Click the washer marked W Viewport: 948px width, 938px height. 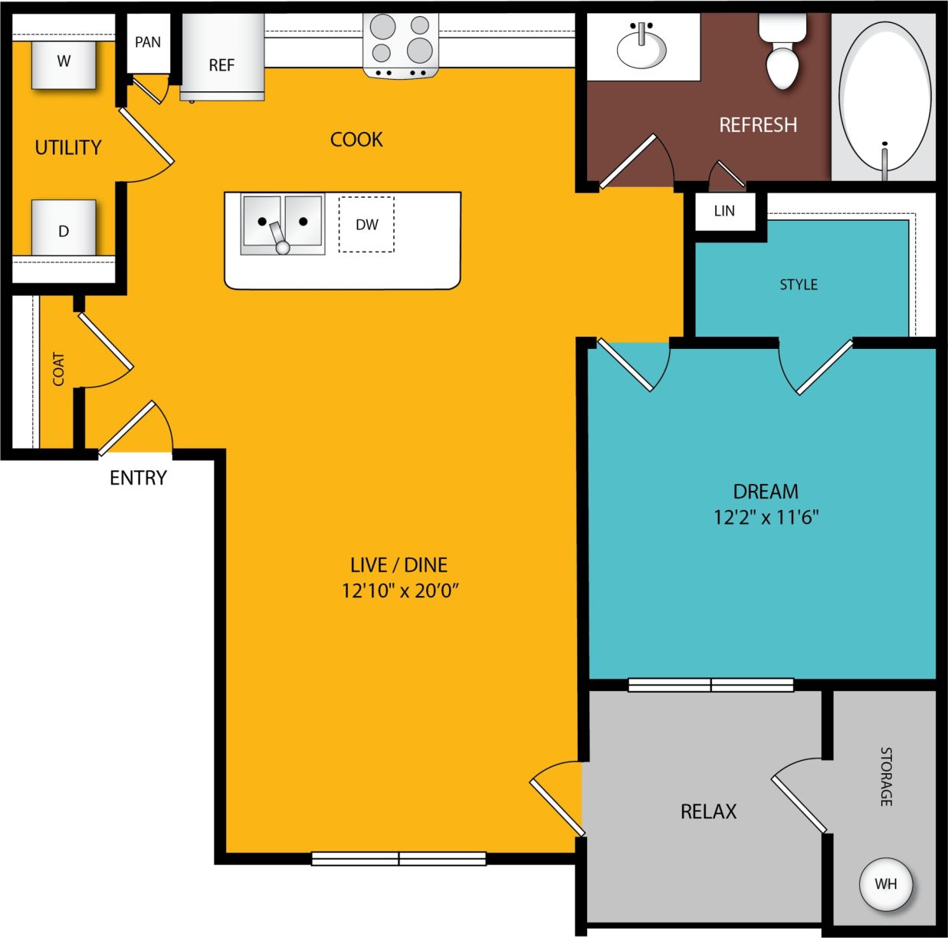tap(64, 64)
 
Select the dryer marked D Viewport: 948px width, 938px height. tap(64, 229)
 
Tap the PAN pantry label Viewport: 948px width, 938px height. tap(148, 42)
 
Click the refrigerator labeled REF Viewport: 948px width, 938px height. tap(221, 61)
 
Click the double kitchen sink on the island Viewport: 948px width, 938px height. tap(282, 223)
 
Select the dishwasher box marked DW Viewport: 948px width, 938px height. tap(366, 224)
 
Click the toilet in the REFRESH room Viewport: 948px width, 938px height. tap(782, 54)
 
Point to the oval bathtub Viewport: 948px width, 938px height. tap(884, 96)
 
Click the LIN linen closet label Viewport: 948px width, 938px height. tap(724, 211)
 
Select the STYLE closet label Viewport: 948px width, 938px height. tap(799, 285)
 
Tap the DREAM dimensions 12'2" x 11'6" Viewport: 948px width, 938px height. tap(766, 517)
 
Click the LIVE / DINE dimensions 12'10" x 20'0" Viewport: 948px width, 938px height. tap(399, 590)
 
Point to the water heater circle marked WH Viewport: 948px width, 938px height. tap(885, 884)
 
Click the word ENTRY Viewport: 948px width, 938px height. tap(138, 478)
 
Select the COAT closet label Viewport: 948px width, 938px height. tap(58, 369)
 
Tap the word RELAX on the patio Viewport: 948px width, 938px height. tap(708, 811)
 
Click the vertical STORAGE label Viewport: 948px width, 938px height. tap(886, 776)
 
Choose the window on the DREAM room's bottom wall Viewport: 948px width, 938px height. tap(710, 685)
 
